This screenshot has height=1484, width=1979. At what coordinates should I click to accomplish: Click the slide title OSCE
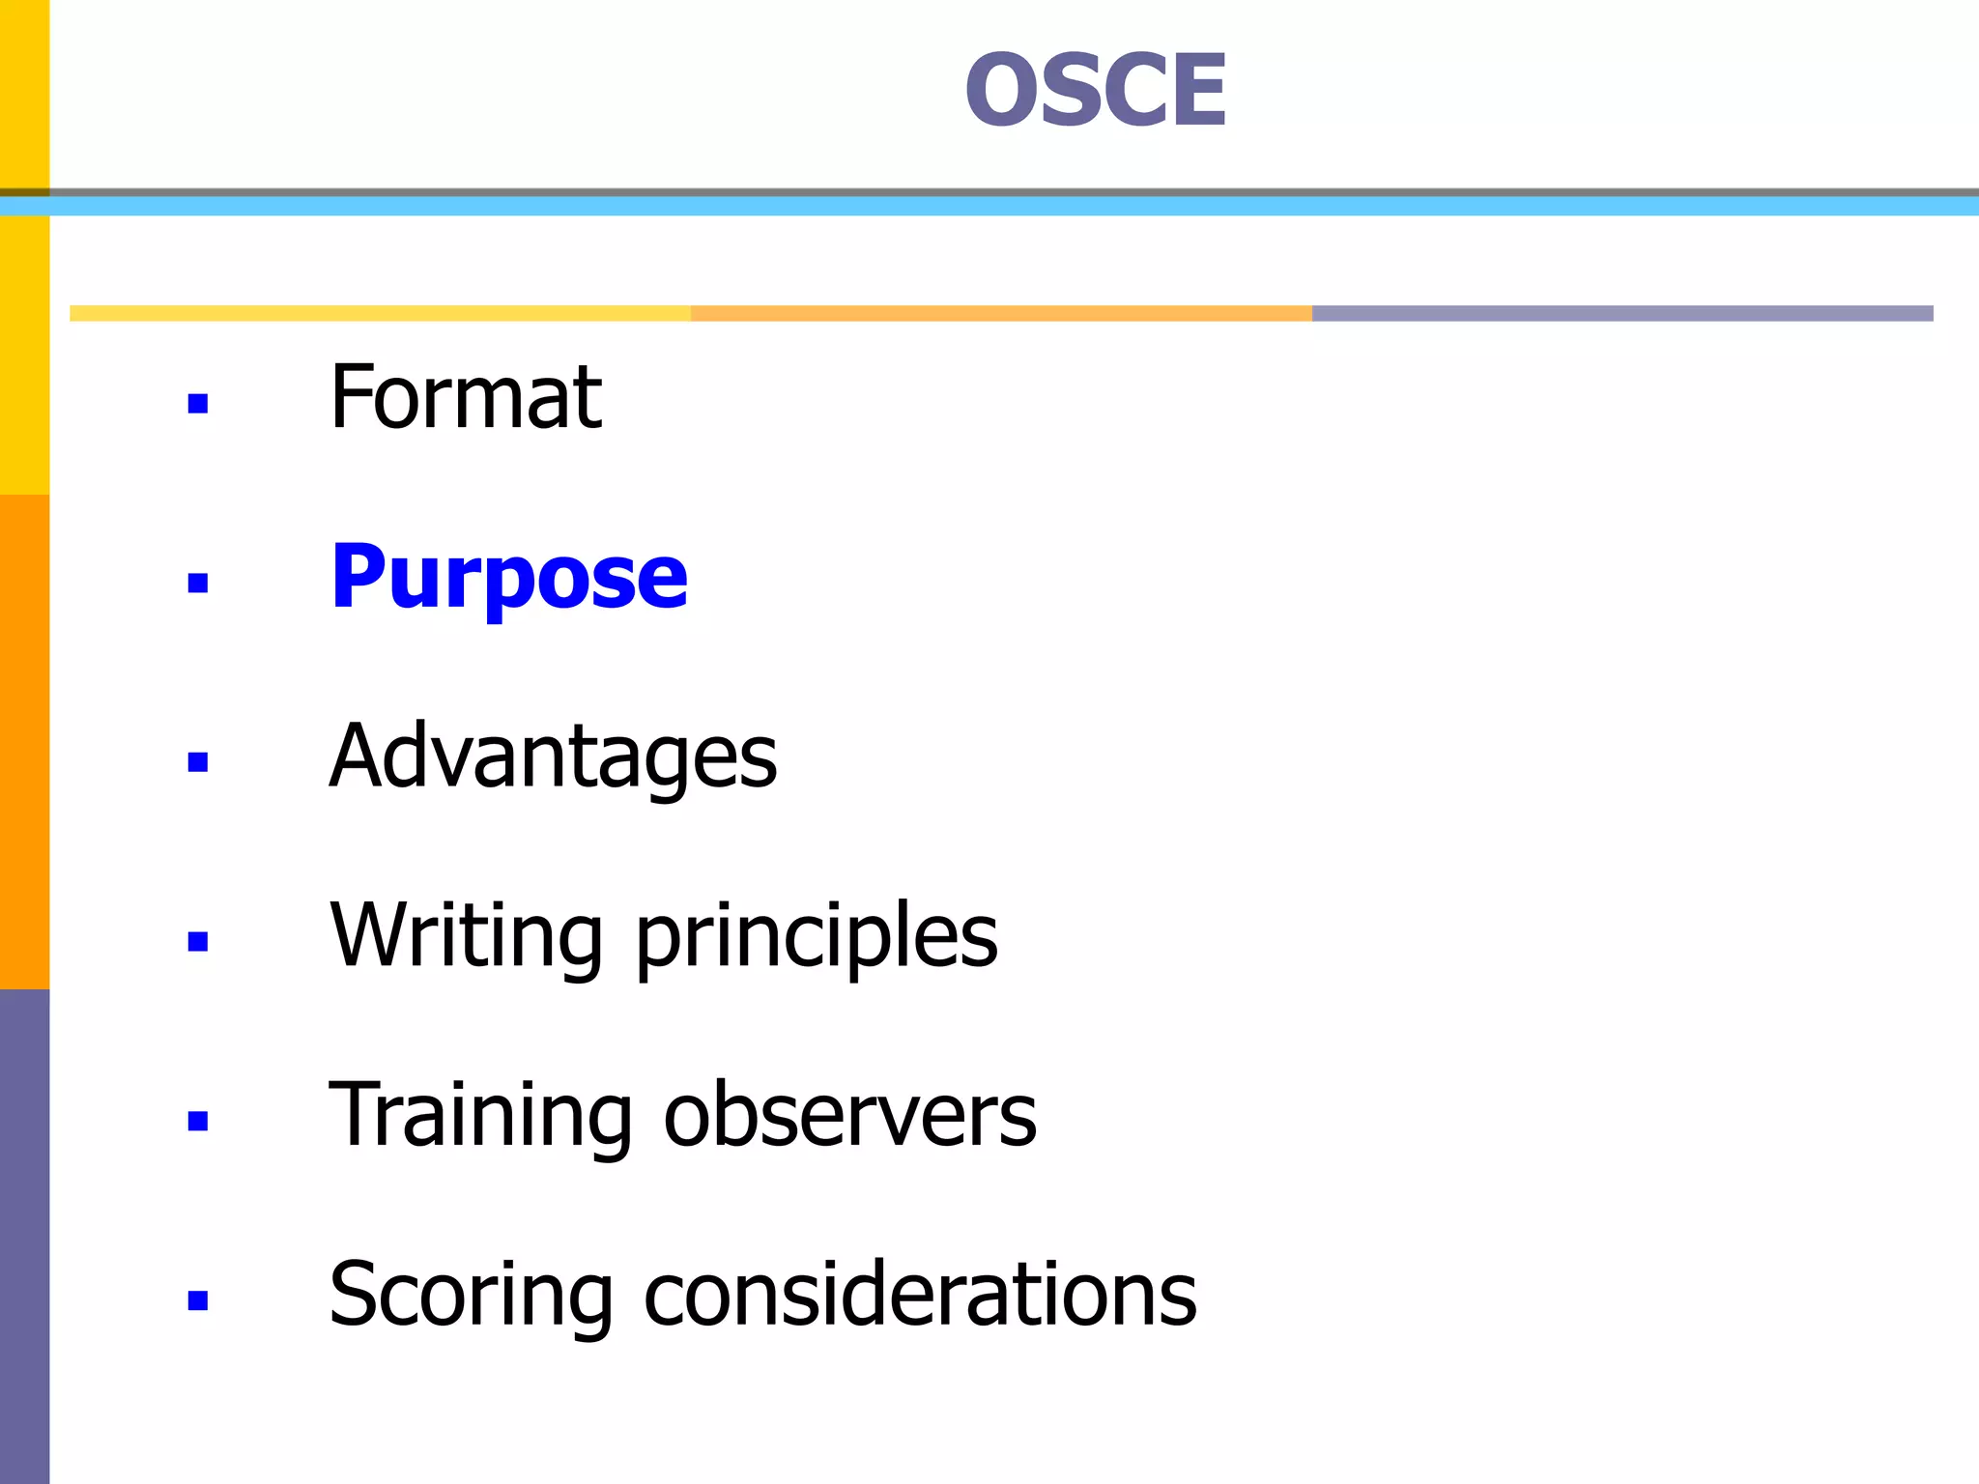(x=1096, y=90)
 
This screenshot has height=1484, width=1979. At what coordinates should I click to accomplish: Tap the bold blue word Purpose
(x=509, y=577)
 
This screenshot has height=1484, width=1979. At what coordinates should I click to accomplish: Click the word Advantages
(x=553, y=756)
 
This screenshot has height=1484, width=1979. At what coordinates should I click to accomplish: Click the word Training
(x=479, y=1115)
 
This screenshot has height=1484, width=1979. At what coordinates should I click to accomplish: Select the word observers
(x=849, y=1115)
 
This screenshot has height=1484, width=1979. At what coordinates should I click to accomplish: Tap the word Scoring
(x=471, y=1295)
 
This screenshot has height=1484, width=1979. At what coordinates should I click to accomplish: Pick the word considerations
(x=920, y=1295)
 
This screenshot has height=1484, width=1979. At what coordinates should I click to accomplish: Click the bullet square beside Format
(x=198, y=403)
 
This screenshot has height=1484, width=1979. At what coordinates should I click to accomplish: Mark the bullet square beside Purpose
(x=198, y=583)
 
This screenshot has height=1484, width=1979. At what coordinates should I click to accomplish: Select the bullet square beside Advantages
(x=198, y=762)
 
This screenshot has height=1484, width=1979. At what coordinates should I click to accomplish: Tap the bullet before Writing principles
(x=198, y=941)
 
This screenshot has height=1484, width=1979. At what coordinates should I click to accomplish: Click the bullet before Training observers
(x=198, y=1121)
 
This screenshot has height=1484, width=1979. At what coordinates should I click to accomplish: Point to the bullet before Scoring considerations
(x=198, y=1300)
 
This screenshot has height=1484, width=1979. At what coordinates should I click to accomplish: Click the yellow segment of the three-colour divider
(x=380, y=313)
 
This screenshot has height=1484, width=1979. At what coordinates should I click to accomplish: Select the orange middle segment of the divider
(x=1001, y=313)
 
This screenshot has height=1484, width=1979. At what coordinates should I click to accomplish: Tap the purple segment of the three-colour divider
(x=1622, y=313)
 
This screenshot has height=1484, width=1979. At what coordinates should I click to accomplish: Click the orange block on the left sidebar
(x=24, y=741)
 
